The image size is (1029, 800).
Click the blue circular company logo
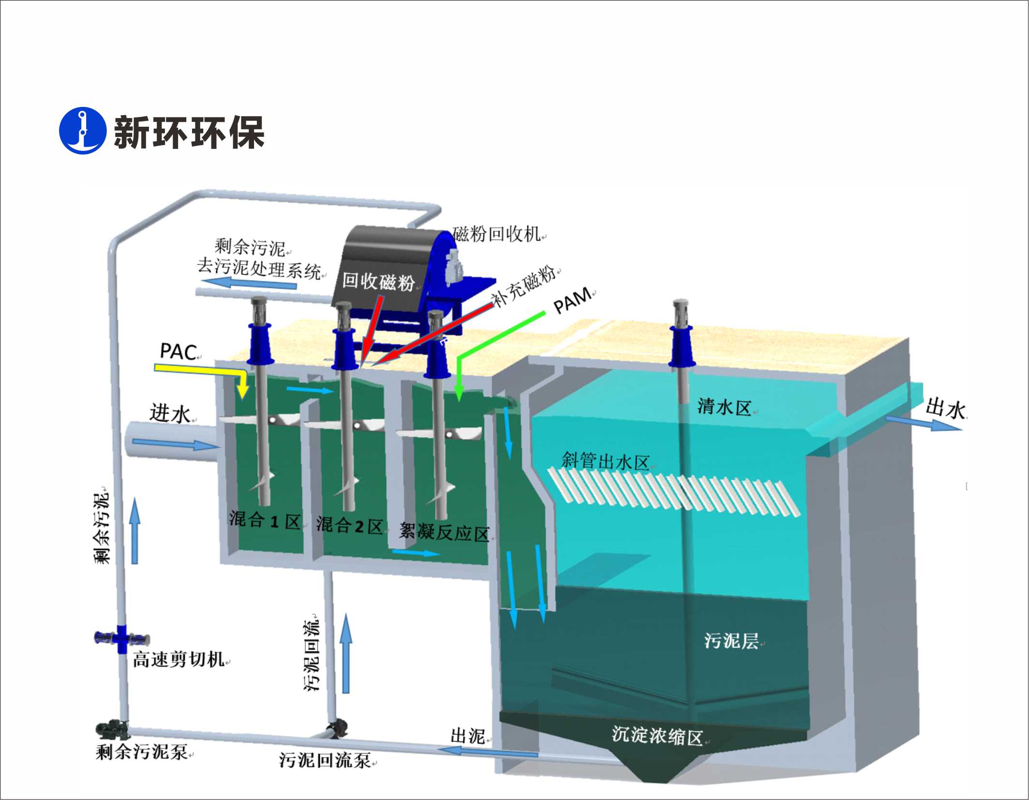tap(82, 131)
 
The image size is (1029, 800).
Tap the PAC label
tap(178, 352)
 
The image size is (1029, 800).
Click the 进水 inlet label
tap(170, 414)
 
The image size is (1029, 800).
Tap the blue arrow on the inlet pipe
tap(174, 443)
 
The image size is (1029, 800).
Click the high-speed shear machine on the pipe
tap(121, 638)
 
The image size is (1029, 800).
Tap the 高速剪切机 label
tap(179, 659)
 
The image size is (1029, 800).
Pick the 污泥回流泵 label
tap(325, 760)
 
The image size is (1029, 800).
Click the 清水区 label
tap(724, 407)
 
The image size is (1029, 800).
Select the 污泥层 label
tap(731, 640)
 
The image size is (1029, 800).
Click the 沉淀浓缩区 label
tap(656, 736)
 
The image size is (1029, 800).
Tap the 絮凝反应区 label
tap(444, 533)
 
